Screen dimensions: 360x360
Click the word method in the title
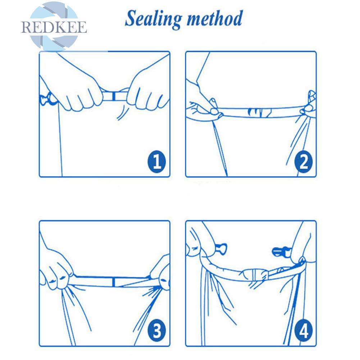(x=215, y=18)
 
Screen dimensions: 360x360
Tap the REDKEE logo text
(x=54, y=27)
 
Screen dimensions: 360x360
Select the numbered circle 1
(x=156, y=161)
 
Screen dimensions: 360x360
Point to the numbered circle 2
(x=304, y=162)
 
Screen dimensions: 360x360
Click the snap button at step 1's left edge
(x=48, y=99)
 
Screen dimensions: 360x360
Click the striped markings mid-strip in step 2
(x=259, y=112)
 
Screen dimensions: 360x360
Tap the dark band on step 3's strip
(x=114, y=282)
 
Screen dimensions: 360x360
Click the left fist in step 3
(x=56, y=271)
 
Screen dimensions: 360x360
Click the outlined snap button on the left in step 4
(x=221, y=249)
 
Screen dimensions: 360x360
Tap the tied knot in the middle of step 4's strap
(x=255, y=275)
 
